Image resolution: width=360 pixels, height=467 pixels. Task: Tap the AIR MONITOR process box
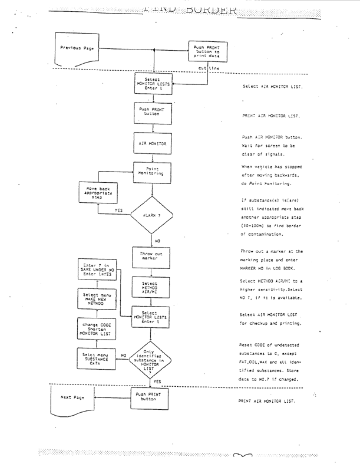153,143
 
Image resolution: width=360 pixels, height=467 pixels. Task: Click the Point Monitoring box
153,172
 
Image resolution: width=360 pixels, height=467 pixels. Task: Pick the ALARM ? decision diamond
153,216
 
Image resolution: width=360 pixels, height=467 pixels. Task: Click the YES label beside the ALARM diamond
118,210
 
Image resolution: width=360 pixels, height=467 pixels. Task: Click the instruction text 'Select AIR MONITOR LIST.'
272,86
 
